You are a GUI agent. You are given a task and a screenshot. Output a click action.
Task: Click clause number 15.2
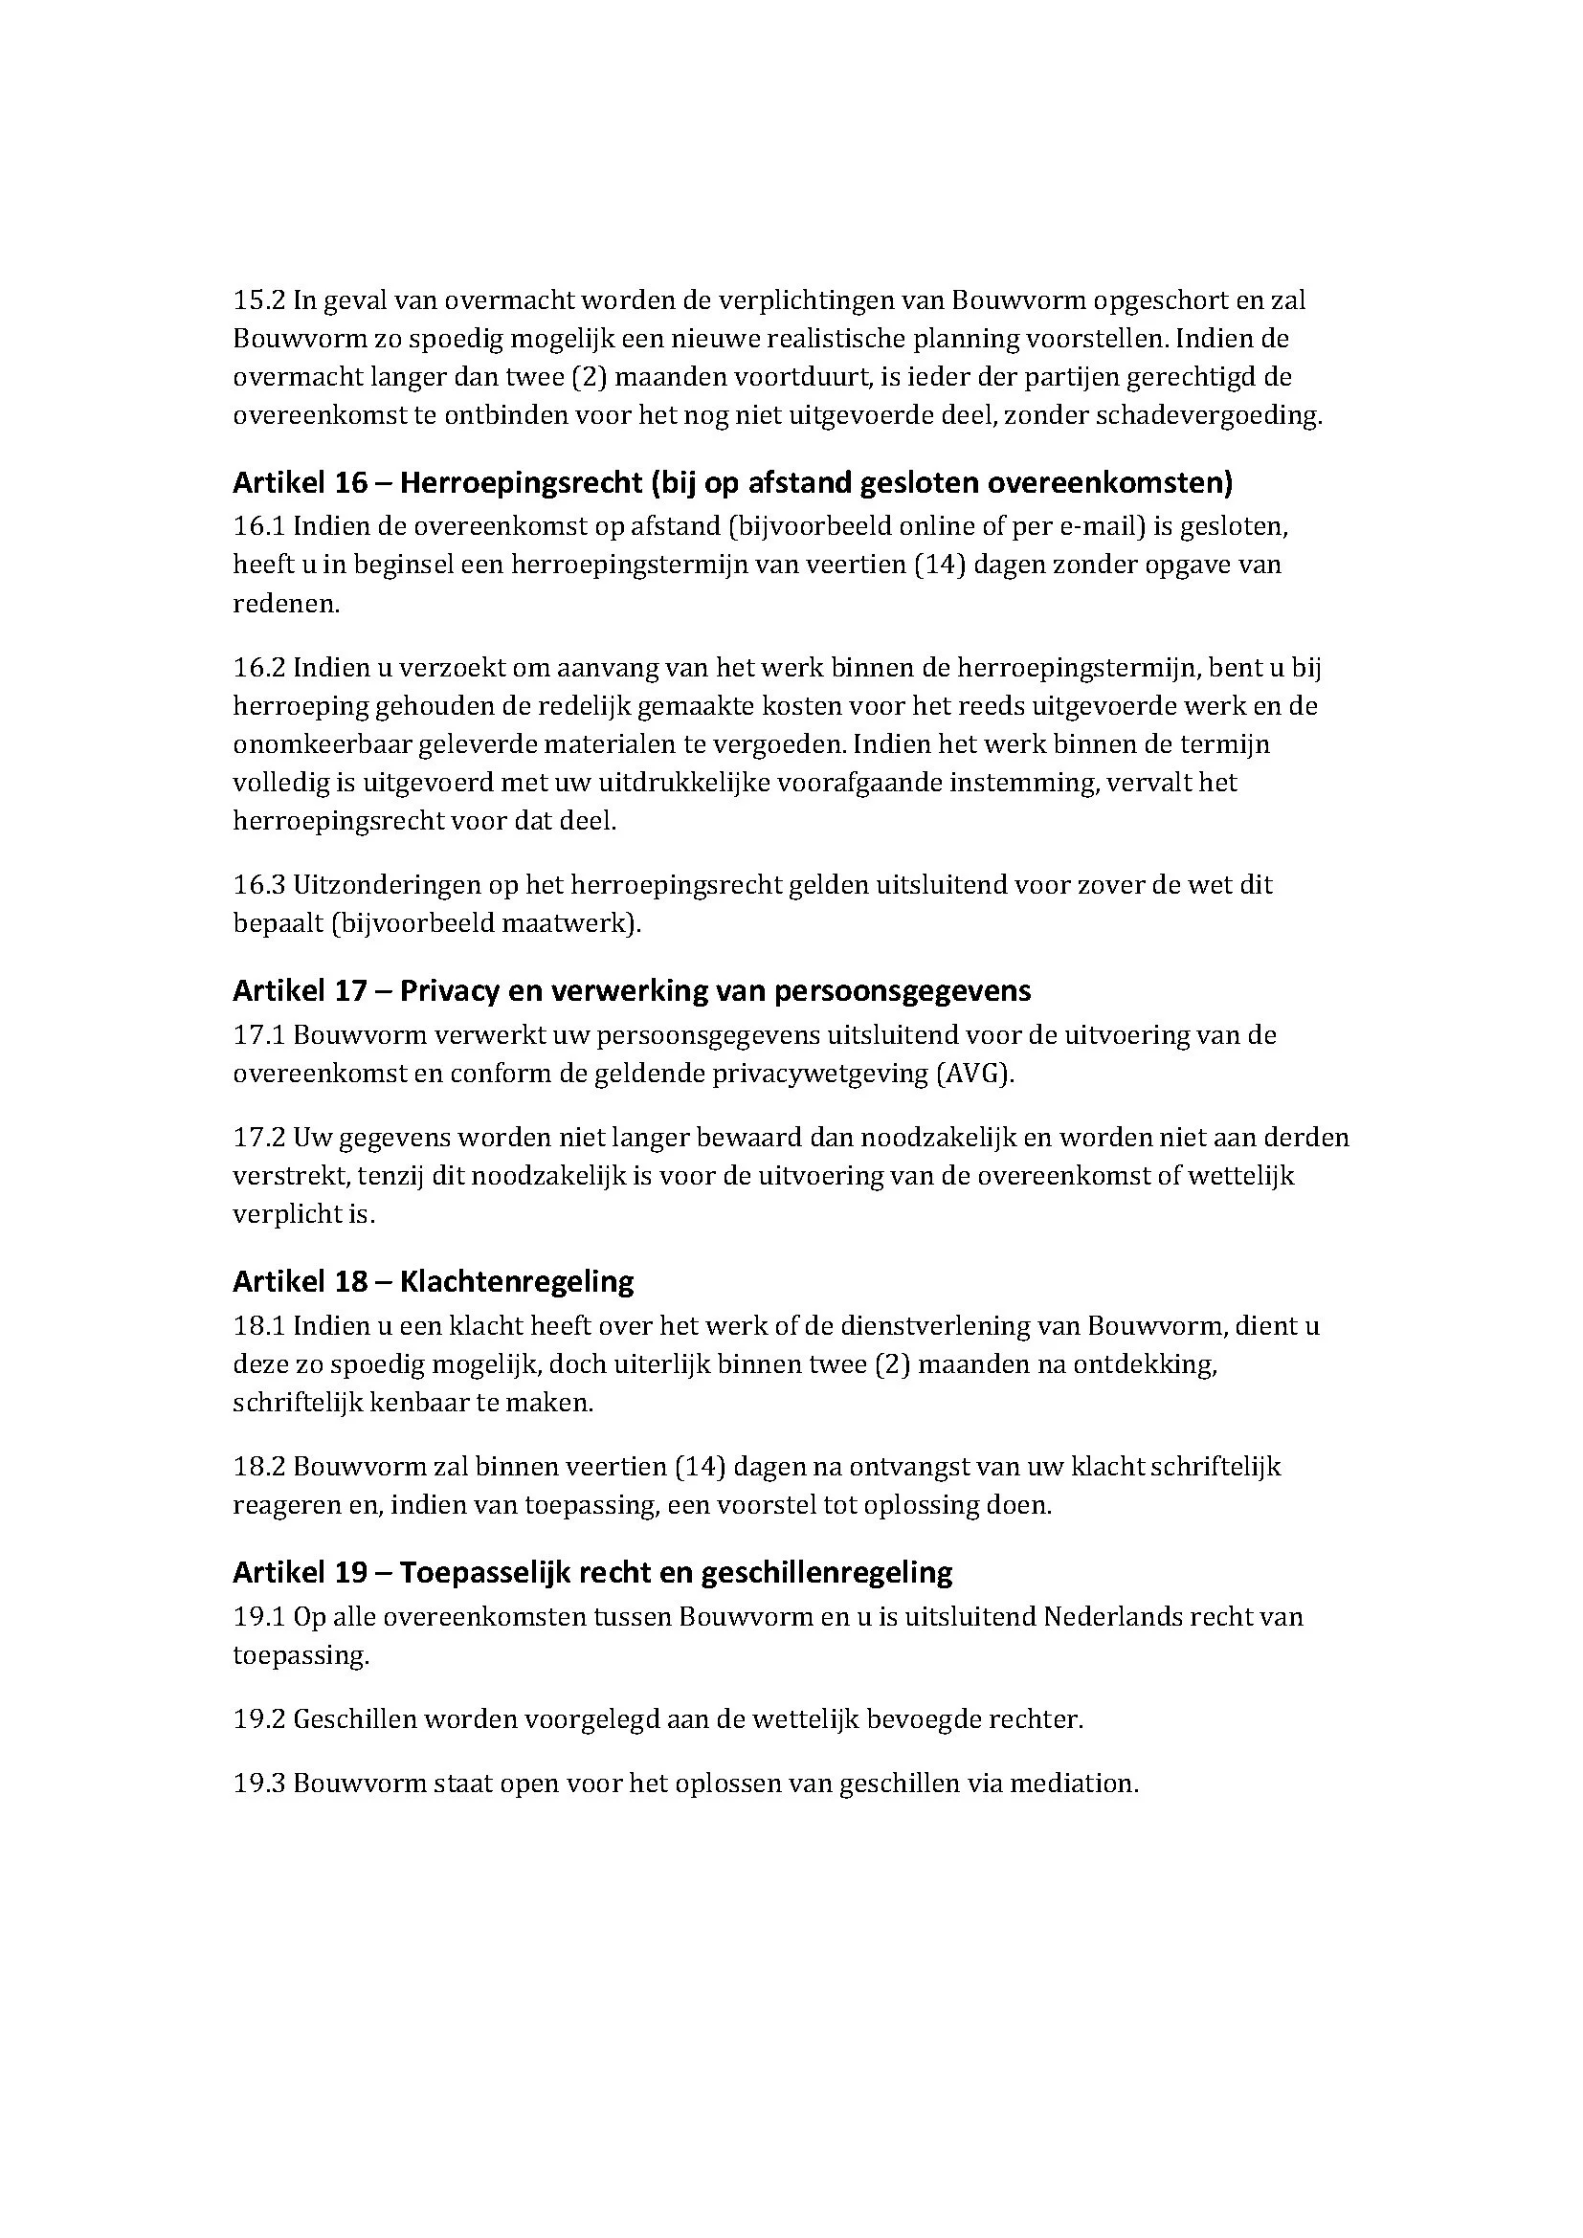[x=258, y=300]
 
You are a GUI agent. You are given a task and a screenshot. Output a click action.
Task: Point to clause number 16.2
[x=258, y=668]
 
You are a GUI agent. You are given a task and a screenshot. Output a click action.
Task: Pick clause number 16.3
[x=258, y=885]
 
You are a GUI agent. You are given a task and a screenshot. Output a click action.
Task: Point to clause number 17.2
[x=258, y=1138]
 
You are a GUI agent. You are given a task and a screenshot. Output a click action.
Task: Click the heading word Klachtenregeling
[x=517, y=1282]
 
